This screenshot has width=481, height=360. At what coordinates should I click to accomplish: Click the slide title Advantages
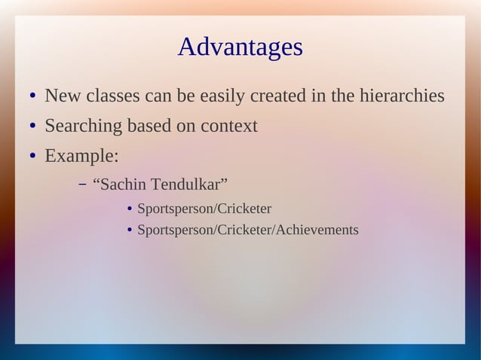(240, 47)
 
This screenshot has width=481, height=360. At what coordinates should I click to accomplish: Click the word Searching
(83, 127)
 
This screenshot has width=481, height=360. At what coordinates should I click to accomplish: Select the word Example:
(81, 156)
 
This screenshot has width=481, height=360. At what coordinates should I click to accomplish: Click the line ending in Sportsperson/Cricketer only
(204, 209)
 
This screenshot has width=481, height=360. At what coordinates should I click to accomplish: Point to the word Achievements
(317, 230)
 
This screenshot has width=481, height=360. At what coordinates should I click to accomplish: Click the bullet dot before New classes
(33, 98)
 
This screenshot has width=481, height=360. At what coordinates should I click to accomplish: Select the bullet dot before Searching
(33, 127)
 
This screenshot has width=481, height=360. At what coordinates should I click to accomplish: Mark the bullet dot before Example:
(33, 157)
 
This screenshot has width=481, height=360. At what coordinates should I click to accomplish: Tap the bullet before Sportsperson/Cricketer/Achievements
(130, 230)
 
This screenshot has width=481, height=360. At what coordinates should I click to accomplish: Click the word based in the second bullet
(149, 127)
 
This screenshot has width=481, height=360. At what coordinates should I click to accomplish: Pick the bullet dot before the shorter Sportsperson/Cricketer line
(130, 209)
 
